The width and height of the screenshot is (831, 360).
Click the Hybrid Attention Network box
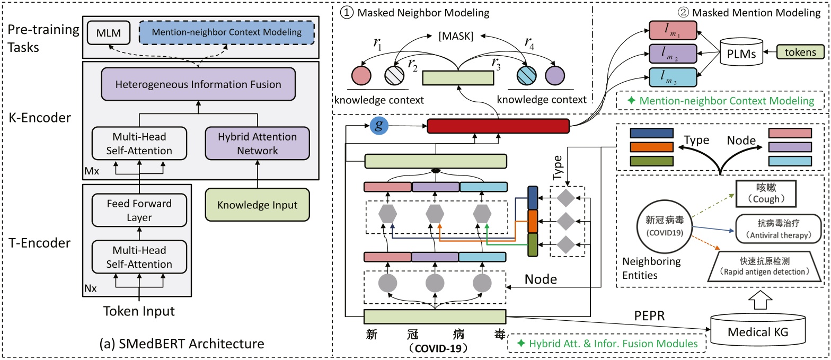258,143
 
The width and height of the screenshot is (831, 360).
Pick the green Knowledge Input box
258,205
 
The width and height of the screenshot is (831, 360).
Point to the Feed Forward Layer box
139,210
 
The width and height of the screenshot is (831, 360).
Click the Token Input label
139,312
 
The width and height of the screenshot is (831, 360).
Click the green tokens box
801,52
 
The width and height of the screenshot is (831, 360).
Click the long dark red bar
498,126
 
